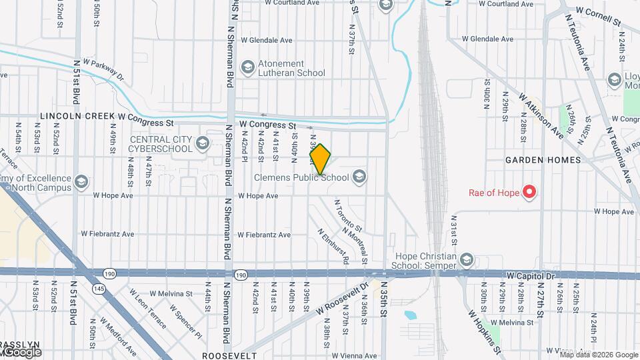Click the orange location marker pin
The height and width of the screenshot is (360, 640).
click(320, 159)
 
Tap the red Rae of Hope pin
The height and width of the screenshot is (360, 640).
click(530, 193)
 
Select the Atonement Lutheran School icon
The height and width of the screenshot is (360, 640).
click(248, 67)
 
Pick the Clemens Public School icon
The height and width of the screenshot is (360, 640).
click(359, 177)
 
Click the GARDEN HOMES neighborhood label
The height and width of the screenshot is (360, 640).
click(543, 160)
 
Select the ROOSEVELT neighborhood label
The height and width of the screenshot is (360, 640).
click(229, 356)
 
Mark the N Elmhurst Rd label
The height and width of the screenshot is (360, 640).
click(333, 247)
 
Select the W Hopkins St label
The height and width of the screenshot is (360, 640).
click(483, 331)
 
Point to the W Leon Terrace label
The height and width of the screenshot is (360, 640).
click(148, 309)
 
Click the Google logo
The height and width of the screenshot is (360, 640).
click(21, 352)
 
